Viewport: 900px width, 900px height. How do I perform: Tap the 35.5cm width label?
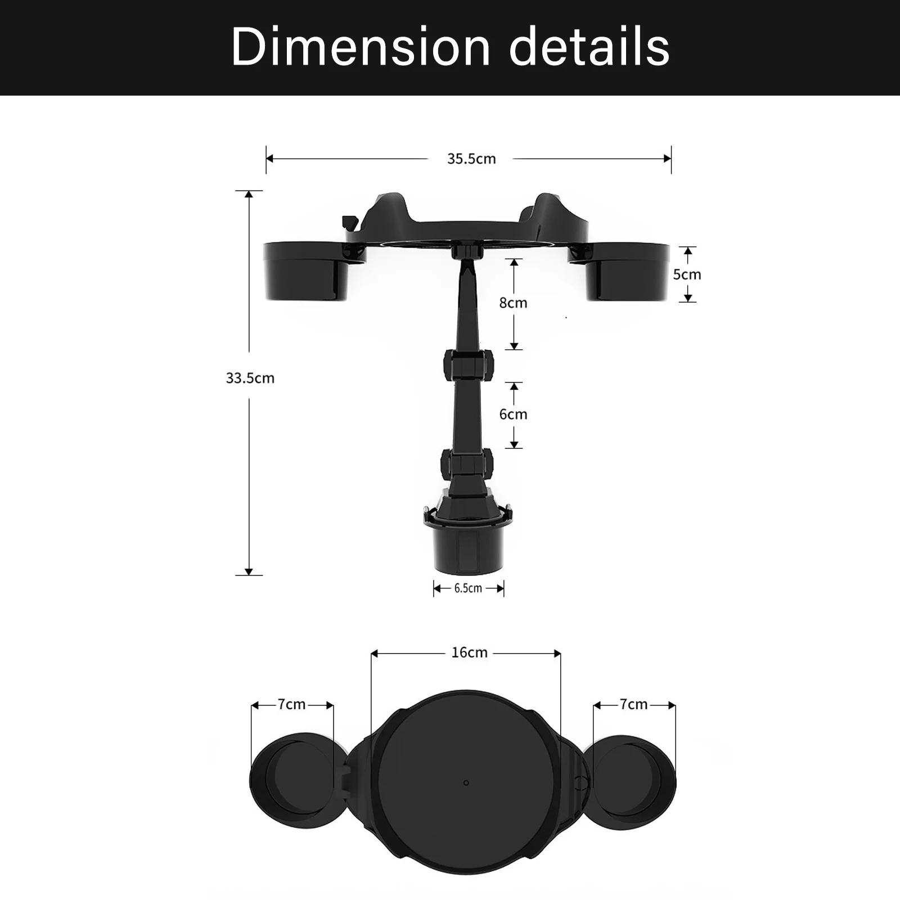point(471,159)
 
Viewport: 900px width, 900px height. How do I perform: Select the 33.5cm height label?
point(250,378)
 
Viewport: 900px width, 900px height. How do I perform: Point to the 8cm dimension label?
point(513,303)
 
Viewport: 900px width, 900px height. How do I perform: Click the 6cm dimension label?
point(513,415)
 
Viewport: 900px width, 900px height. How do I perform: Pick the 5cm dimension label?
point(687,274)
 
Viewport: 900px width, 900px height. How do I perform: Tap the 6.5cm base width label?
point(468,588)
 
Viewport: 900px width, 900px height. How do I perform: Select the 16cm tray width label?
point(469,652)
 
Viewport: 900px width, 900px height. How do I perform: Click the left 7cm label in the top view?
point(291,704)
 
